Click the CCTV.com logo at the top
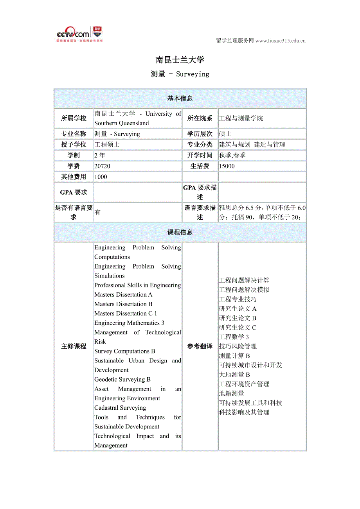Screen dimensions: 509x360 (79, 34)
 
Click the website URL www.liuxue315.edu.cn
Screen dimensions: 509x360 (280, 41)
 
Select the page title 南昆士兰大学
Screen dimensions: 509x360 (180, 60)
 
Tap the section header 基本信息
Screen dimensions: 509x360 (180, 99)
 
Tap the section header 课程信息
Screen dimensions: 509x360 (180, 232)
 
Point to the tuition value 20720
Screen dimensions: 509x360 (103, 166)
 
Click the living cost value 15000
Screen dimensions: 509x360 (227, 166)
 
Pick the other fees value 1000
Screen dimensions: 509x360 (101, 177)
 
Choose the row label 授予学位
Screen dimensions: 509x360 (74, 145)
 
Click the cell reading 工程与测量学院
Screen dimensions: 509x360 (241, 118)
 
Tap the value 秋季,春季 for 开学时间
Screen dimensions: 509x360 (232, 155)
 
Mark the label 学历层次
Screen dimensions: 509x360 (200, 134)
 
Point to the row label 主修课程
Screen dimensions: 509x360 (74, 346)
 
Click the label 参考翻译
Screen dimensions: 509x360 (200, 346)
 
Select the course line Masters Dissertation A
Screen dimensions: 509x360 (123, 295)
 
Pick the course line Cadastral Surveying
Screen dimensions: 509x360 (120, 408)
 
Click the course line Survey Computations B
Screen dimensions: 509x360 (125, 351)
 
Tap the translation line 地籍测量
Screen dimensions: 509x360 (232, 393)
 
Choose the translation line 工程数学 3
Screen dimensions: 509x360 (234, 337)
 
